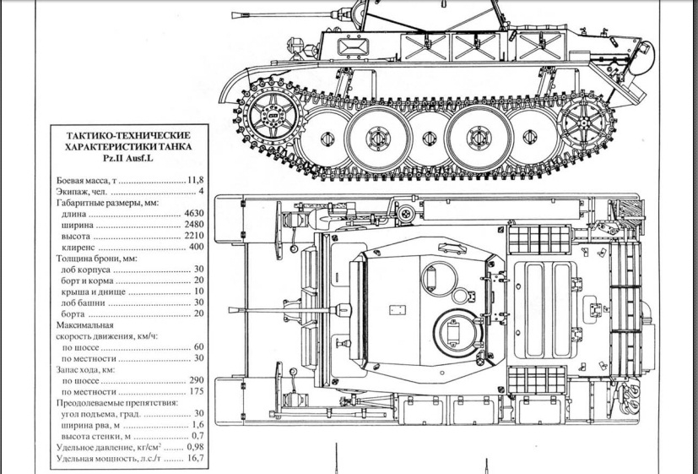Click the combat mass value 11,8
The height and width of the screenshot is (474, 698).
[x=196, y=180]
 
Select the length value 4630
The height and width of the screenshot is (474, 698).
[x=194, y=214]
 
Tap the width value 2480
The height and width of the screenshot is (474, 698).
[x=194, y=225]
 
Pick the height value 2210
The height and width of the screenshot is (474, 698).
[x=194, y=236]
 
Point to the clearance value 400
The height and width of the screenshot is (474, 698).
[x=197, y=247]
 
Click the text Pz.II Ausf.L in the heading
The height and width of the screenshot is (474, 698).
[x=128, y=158]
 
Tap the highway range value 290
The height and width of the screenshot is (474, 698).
[x=197, y=380]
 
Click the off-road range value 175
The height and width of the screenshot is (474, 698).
[x=197, y=391]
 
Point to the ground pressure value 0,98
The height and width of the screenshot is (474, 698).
[x=196, y=447]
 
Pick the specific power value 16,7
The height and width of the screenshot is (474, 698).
[x=196, y=458]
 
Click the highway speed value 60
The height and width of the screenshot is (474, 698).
[x=198, y=347]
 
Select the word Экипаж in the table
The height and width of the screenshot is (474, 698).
[x=71, y=192]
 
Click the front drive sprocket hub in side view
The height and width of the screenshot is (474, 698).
[x=273, y=117]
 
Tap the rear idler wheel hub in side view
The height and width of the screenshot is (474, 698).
[x=585, y=121]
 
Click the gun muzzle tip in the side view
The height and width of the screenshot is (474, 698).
[x=233, y=15]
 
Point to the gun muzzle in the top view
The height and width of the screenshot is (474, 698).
[x=230, y=310]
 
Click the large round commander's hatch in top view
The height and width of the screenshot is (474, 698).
[x=457, y=333]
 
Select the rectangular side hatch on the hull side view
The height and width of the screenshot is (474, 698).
[x=353, y=46]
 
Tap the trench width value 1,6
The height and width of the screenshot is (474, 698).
[x=198, y=425]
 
